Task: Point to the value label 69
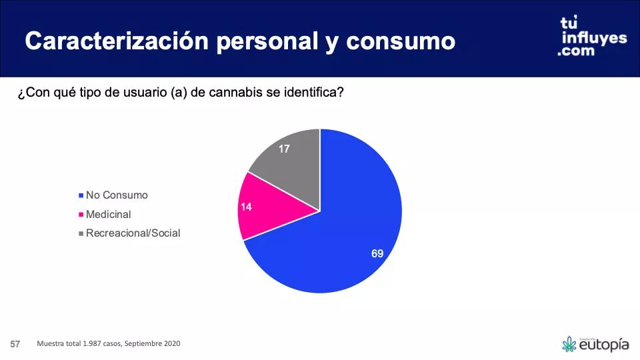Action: tap(377, 253)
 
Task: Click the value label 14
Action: tap(246, 207)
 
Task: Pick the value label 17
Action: tap(284, 149)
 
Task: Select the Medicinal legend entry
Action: tap(108, 215)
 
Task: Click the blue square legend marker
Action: tap(81, 196)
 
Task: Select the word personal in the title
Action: tap(260, 41)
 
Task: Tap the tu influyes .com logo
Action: tap(592, 37)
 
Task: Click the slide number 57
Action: tap(15, 344)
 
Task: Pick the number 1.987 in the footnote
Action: tap(93, 344)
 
